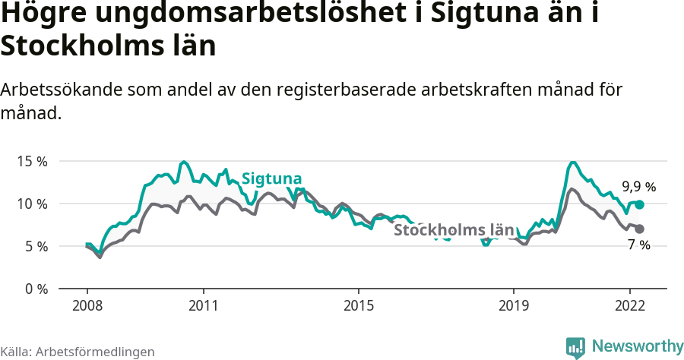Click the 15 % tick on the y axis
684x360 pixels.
pyautogui.click(x=33, y=162)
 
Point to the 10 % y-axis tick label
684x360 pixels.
pyautogui.click(x=33, y=204)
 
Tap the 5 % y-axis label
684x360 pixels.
pyautogui.click(x=36, y=247)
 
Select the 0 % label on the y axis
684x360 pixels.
pyautogui.click(x=36, y=289)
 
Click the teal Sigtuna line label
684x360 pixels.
pyautogui.click(x=271, y=178)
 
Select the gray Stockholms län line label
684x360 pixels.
pyautogui.click(x=454, y=229)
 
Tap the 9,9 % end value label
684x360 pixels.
pyautogui.click(x=638, y=186)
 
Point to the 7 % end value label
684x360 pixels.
pyautogui.click(x=639, y=245)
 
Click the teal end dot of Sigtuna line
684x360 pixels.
pyautogui.click(x=640, y=204)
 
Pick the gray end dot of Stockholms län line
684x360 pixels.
pyautogui.click(x=640, y=229)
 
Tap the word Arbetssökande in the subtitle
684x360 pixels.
pyautogui.click(x=63, y=90)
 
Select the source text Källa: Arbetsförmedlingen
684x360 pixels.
pyautogui.click(x=78, y=352)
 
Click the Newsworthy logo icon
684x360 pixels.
pyautogui.click(x=575, y=347)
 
